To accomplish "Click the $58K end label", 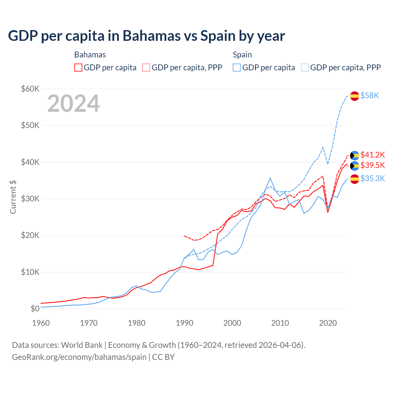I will (x=370, y=96).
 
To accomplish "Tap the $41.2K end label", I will (x=372, y=155).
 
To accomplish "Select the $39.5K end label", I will (x=372, y=165).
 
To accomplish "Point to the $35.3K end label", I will (x=372, y=179).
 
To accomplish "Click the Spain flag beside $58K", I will (x=355, y=96).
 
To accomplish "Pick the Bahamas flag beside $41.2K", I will (x=355, y=155).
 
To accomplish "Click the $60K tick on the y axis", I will (x=30, y=89).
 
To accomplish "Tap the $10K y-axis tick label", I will (x=30, y=272).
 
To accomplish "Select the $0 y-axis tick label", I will (x=35, y=309).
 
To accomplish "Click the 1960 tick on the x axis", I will (x=41, y=323).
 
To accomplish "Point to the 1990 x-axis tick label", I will (x=185, y=323).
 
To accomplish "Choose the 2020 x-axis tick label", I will (x=328, y=323).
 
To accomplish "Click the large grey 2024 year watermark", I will (x=73, y=104).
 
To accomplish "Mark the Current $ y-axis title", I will (x=13, y=197).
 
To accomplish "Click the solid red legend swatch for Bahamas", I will (x=78, y=68).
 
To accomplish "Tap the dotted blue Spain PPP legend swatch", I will (x=305, y=68).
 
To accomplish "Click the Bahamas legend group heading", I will (x=90, y=55).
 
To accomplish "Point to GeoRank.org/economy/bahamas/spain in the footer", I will (x=79, y=357).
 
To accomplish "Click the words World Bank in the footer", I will (x=82, y=345).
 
